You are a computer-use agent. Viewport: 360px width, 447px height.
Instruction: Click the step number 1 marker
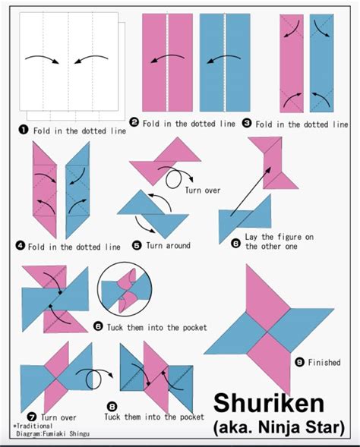pos(22,130)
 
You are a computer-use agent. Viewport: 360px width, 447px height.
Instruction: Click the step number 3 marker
pos(246,123)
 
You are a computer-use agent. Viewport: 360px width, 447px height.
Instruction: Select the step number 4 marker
pos(21,246)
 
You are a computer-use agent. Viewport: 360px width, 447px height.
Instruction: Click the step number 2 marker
pos(134,122)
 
